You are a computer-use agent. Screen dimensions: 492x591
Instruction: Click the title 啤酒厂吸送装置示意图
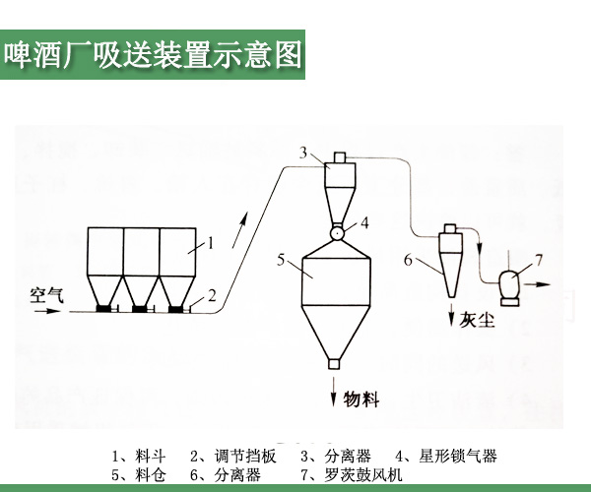coord(153,53)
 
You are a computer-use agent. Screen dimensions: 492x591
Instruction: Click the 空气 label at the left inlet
coord(45,293)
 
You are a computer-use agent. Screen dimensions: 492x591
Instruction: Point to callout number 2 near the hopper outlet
coord(211,295)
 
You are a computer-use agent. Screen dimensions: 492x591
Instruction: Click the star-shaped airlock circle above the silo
coord(337,233)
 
